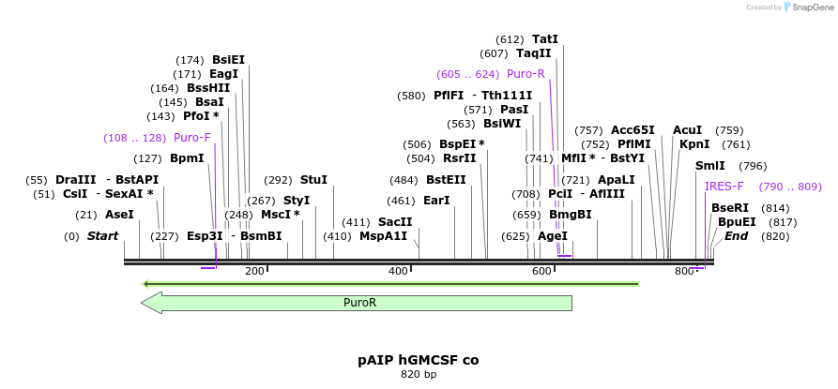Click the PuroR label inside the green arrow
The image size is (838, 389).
[x=359, y=303]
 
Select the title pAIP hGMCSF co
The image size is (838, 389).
[x=418, y=360]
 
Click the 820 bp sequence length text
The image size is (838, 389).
[x=418, y=375]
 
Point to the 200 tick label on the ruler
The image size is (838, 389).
[x=254, y=271]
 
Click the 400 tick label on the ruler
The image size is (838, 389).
[x=398, y=271]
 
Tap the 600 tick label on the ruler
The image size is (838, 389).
[x=541, y=271]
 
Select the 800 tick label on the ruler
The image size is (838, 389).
[x=684, y=271]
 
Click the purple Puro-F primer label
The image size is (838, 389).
[x=192, y=138]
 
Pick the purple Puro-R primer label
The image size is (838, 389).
[x=526, y=74]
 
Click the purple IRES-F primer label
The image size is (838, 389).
[x=724, y=187]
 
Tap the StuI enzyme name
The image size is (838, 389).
[x=313, y=180]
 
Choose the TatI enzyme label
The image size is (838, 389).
[x=544, y=39]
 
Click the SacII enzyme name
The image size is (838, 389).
[x=395, y=222]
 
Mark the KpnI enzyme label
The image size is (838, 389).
[x=694, y=144]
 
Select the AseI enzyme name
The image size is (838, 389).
[x=119, y=215]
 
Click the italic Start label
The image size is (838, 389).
[x=102, y=236]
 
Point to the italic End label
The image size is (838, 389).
[x=736, y=236]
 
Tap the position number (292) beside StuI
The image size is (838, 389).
[x=278, y=180]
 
